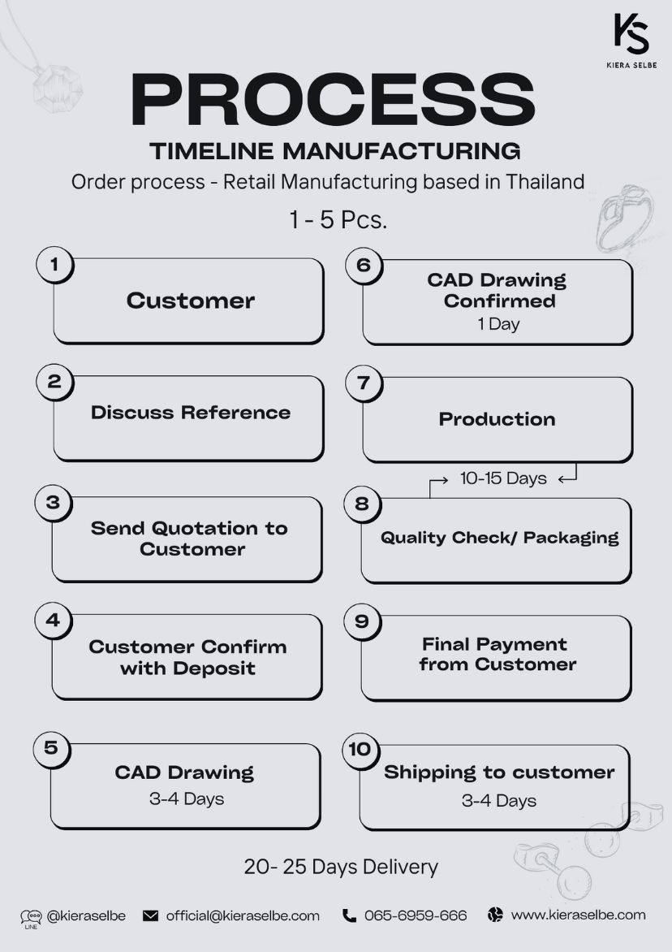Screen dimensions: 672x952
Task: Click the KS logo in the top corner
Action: point(631,34)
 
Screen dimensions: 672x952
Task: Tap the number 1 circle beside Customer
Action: point(54,265)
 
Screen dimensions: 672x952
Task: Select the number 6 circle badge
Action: point(364,266)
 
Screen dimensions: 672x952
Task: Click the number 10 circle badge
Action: point(360,750)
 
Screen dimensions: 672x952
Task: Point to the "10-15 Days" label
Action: point(503,478)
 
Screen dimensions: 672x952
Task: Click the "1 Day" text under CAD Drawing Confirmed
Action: point(498,324)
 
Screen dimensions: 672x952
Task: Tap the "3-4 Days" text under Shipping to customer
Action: point(499,801)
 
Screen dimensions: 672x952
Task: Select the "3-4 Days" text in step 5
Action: point(187,799)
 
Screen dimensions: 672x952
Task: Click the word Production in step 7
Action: point(498,419)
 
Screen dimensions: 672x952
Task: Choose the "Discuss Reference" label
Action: point(191,413)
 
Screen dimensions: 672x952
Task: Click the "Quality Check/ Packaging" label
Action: point(500,538)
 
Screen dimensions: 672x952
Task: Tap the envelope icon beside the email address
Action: point(150,915)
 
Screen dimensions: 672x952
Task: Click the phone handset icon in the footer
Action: point(349,915)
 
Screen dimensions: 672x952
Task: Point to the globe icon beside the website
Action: point(496,915)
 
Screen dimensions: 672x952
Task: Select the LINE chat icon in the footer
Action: point(31,918)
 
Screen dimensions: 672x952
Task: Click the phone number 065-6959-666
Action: point(416,915)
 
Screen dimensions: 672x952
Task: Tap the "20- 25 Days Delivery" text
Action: point(341,867)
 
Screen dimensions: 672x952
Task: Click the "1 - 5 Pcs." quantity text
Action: point(338,220)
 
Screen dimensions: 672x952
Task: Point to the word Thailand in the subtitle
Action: point(545,181)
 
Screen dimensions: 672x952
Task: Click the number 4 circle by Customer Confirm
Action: point(54,621)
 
